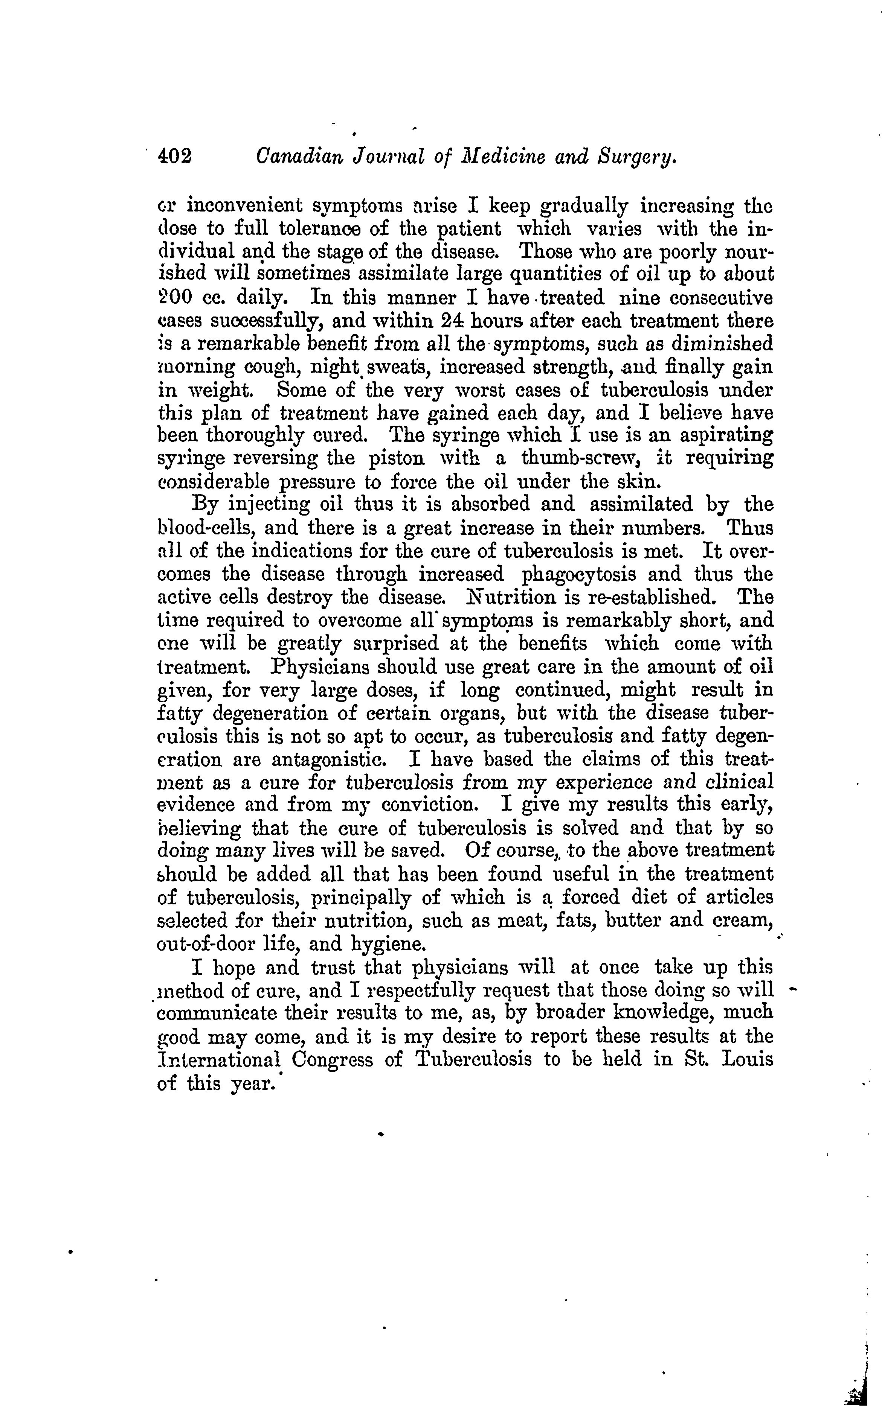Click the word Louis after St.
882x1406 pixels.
(747, 1059)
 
